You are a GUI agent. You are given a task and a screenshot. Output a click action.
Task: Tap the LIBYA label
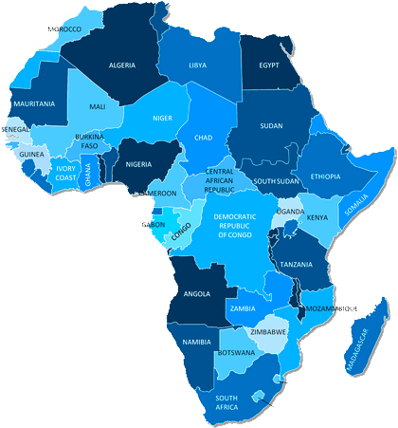(197, 65)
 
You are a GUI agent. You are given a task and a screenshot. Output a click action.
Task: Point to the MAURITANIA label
(34, 102)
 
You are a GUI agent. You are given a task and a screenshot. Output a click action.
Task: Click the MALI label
(97, 107)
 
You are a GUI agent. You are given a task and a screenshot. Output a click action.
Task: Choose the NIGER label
(163, 120)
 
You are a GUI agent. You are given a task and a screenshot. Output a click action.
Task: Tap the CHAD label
(203, 138)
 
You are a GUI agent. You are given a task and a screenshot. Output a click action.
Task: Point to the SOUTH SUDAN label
(277, 181)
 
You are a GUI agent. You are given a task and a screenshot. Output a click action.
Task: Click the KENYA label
(317, 218)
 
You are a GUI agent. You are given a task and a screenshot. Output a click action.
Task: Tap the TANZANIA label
(297, 265)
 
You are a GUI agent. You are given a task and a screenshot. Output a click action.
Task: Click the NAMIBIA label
(196, 341)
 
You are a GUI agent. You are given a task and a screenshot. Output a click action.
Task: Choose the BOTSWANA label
(236, 353)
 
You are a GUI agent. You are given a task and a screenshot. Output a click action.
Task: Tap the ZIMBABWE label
(269, 332)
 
